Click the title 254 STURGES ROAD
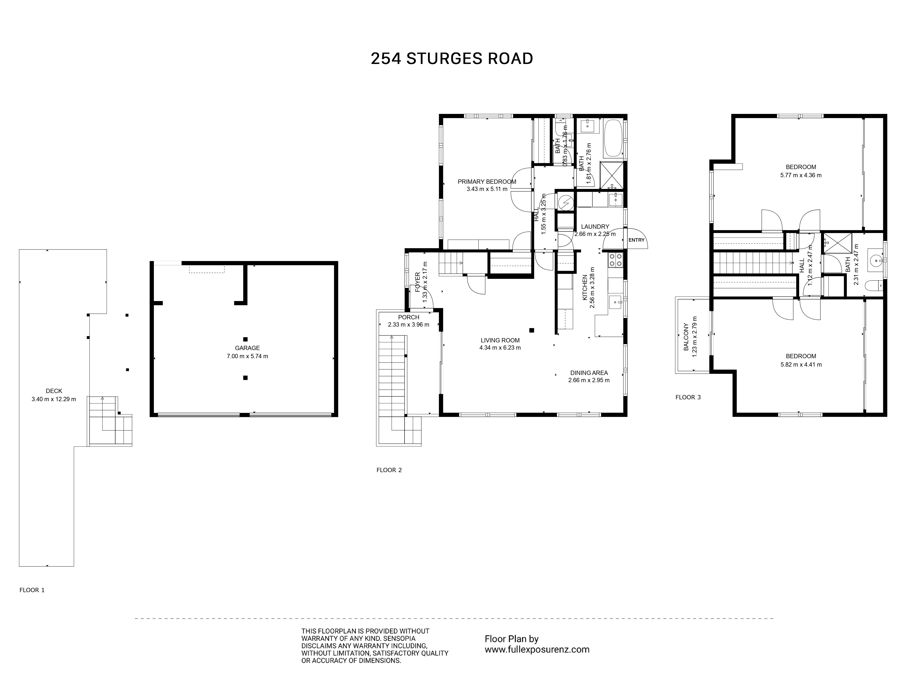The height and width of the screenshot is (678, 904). coord(452,59)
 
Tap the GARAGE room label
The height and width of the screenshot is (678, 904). coord(247,348)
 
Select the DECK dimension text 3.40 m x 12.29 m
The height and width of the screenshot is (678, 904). coord(54,399)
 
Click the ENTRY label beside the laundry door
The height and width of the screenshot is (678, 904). coord(636,240)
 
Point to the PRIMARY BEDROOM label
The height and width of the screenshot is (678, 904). coord(487,181)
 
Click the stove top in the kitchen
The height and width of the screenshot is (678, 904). coord(615,260)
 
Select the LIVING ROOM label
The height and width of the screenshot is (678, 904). coord(500,340)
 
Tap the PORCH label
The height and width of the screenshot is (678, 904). coord(409,317)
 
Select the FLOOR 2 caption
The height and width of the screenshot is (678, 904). coord(389,470)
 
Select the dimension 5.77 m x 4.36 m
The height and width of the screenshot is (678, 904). coord(800,175)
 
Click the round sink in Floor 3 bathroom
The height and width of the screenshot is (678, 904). coord(875,260)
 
